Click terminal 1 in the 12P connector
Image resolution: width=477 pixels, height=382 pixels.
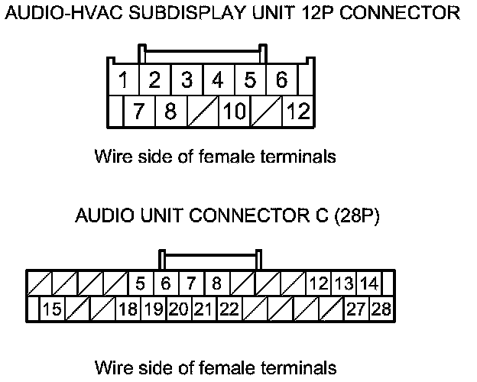[123, 79]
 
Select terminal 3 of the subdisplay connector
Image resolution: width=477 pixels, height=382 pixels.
[187, 79]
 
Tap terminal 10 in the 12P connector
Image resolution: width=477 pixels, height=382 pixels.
[234, 111]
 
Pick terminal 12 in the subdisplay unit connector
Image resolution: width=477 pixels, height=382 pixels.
[298, 111]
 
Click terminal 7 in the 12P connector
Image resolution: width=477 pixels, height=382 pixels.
[139, 111]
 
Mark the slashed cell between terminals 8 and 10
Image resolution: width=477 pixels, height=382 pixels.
[203, 111]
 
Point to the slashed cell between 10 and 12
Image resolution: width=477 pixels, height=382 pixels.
[267, 111]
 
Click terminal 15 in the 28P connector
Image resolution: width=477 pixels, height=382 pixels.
[52, 309]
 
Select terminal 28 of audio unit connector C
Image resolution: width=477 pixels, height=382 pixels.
[381, 309]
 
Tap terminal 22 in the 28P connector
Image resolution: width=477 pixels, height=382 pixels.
[229, 309]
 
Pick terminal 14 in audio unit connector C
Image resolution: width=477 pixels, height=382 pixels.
[369, 283]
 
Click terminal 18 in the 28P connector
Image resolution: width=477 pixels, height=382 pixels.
[128, 309]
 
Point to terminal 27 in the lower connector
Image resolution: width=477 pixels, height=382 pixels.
[357, 309]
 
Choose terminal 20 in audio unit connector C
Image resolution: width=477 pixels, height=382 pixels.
[179, 309]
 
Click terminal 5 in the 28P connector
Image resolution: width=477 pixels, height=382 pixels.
[141, 283]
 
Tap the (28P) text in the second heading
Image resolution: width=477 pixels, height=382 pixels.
[357, 215]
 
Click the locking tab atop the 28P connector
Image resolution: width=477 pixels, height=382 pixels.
[210, 259]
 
